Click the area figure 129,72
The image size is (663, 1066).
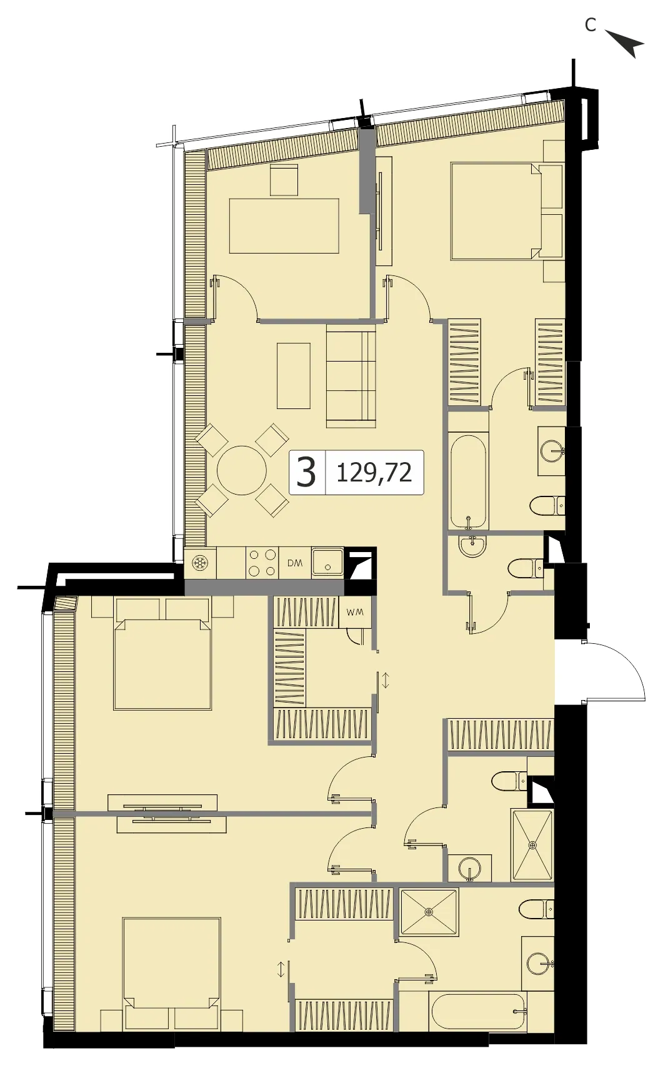coord(374,473)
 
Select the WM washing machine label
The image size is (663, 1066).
coord(356,613)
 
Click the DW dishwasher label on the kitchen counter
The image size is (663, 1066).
coord(296,563)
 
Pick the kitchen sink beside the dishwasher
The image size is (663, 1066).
coord(327,562)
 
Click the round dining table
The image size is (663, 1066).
coord(242,470)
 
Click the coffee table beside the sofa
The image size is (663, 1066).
coord(294,376)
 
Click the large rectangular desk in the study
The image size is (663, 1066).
coord(284,226)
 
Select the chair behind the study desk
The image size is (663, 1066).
coord(284,180)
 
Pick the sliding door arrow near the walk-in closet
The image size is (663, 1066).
coord(386,679)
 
